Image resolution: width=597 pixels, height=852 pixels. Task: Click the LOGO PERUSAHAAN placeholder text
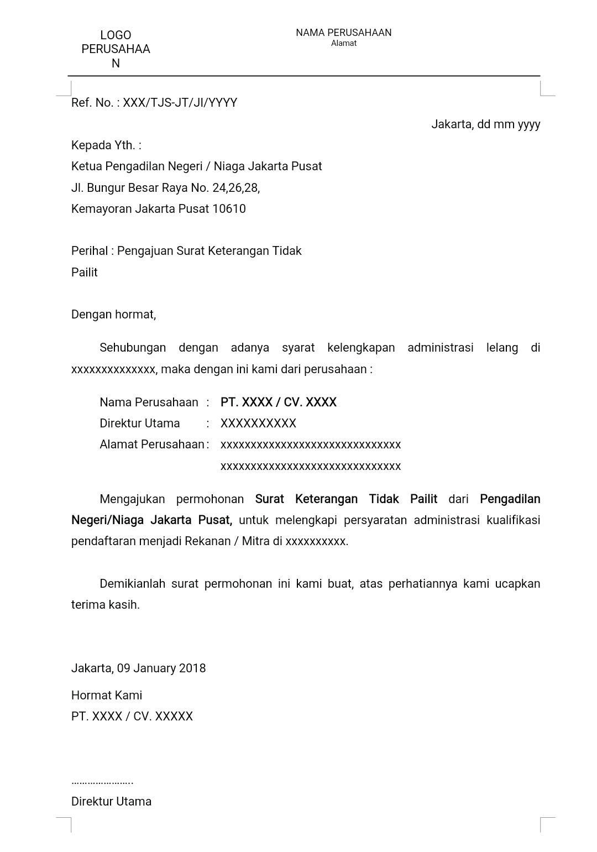(116, 49)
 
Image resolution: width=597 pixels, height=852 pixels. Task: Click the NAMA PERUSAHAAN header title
(343, 33)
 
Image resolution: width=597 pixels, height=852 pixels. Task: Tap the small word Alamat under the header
(343, 43)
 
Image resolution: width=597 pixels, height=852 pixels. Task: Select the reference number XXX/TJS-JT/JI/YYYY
(180, 103)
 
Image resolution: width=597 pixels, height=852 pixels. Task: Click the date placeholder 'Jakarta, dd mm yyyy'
(485, 124)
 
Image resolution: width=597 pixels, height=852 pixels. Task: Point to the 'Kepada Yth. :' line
(106, 145)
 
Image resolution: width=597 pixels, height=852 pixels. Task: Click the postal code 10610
(229, 209)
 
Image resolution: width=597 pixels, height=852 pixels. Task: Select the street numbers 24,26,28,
(236, 188)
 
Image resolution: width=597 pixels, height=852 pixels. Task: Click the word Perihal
(90, 251)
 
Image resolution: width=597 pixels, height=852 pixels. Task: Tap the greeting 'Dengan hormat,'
(113, 315)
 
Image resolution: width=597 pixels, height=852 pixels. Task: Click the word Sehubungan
(133, 348)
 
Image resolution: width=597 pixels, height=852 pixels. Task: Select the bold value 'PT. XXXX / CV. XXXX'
(278, 403)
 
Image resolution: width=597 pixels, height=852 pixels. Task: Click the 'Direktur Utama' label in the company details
(139, 424)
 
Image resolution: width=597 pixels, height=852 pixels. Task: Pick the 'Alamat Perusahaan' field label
(151, 445)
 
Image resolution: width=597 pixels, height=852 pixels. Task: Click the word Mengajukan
(133, 499)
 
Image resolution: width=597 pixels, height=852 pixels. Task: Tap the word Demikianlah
(132, 584)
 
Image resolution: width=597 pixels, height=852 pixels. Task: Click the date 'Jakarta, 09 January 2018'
(138, 668)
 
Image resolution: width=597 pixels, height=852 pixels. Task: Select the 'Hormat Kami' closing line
(107, 696)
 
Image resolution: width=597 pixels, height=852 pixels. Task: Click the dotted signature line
(102, 782)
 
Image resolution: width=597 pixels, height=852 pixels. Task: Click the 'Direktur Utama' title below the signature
(111, 802)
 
